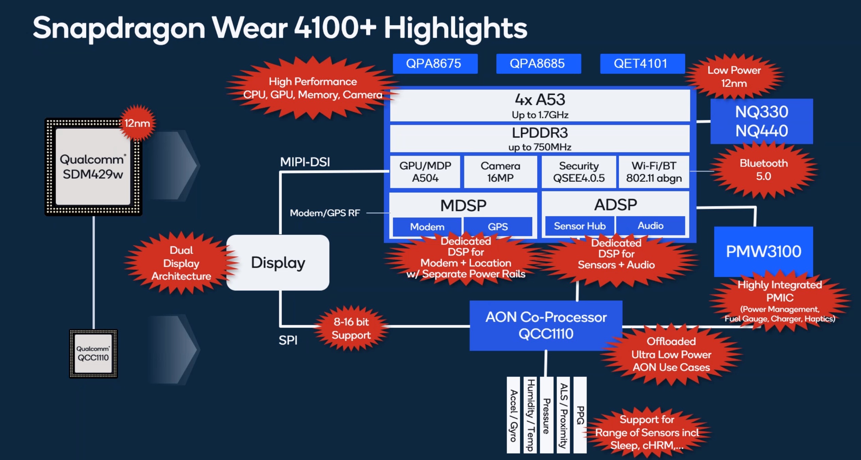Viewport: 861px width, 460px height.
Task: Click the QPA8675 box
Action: coord(435,64)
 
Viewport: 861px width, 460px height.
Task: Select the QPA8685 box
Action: coord(538,64)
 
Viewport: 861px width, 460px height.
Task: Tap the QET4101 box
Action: coord(642,64)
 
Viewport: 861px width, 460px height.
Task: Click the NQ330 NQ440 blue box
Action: coord(761,121)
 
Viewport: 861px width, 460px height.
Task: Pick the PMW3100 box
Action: coord(763,251)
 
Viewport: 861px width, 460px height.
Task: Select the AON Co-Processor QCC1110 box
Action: coord(546,325)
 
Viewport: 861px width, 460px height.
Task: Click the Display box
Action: coord(278,263)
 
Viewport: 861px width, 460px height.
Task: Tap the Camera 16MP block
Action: coord(500,172)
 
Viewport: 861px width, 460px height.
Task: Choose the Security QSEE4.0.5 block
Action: coord(579,172)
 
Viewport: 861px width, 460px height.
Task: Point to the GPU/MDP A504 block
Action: coord(425,172)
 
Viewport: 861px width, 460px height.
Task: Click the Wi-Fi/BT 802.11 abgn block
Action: coord(654,172)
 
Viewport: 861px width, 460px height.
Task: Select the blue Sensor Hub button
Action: coord(579,226)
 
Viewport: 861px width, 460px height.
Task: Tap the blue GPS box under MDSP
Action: coord(498,227)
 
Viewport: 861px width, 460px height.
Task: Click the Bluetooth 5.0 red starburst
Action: coord(763,170)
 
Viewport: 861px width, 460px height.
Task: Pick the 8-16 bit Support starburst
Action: coord(351,329)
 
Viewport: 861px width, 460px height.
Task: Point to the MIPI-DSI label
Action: coord(305,162)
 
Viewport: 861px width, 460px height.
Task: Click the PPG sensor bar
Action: coord(580,415)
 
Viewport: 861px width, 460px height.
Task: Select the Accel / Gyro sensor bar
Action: coord(513,415)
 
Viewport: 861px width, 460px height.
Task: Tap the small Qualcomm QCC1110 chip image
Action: coord(94,354)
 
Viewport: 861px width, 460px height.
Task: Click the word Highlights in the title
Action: coord(455,29)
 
